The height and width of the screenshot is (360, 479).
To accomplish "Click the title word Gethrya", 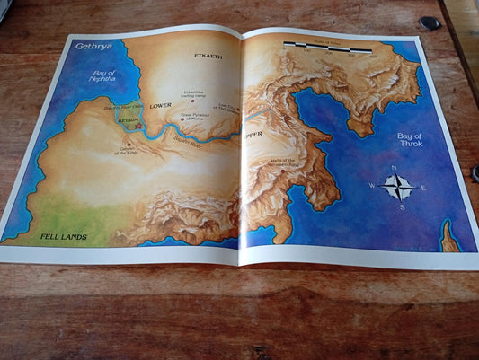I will tap(93, 46).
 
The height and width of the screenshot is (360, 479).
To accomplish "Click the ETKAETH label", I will tap(208, 56).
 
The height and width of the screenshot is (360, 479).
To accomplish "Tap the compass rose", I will tap(397, 187).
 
